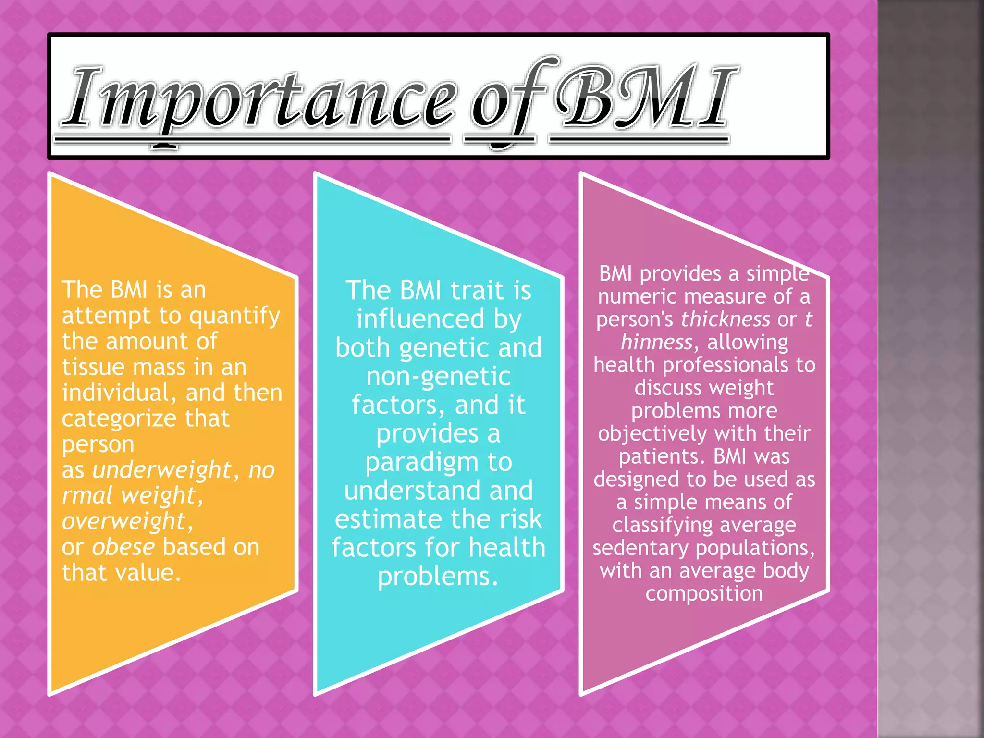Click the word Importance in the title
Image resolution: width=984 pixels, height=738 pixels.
[259, 98]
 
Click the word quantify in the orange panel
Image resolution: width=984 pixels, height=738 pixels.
[234, 317]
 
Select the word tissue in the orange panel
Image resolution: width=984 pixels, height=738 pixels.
[93, 368]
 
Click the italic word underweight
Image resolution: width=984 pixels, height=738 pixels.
[162, 470]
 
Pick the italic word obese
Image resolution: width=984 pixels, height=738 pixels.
[123, 547]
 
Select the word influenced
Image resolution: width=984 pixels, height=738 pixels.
[420, 320]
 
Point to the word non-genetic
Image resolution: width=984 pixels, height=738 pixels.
[438, 377]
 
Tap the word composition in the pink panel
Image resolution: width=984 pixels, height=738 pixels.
[704, 594]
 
